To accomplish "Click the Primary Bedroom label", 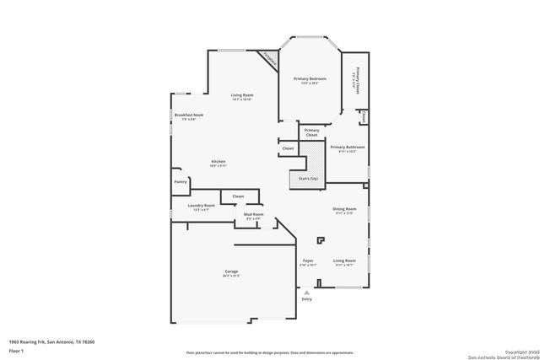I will click(x=310, y=78).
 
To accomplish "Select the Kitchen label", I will click(x=219, y=161).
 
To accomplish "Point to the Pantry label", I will click(x=181, y=181).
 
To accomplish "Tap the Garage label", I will click(x=230, y=271).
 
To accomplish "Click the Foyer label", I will click(x=308, y=261).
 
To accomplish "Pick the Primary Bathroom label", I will click(x=347, y=147).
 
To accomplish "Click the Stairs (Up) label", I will click(x=306, y=178).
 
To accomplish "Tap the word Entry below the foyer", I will click(x=306, y=299).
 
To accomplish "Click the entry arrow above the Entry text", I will click(x=306, y=292).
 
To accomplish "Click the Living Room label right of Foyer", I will click(x=344, y=261).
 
